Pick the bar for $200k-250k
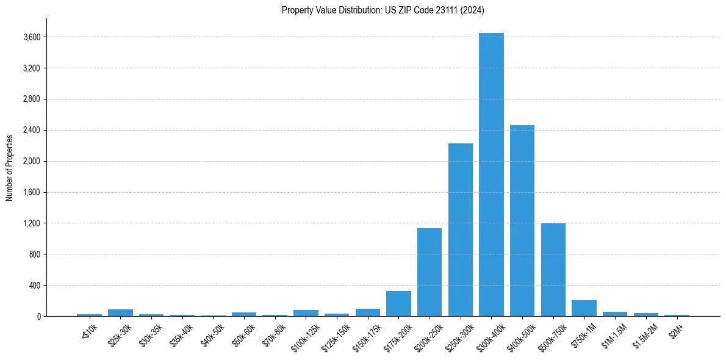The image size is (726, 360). (429, 272)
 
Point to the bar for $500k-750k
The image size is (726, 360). (553, 270)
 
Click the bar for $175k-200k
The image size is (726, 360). (398, 304)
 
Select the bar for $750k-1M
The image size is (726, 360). (584, 308)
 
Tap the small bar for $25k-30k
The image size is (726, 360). (120, 313)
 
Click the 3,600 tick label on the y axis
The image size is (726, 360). (32, 37)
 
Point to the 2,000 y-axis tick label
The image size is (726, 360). (32, 162)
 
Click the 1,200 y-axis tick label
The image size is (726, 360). (32, 223)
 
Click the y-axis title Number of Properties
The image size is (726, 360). (10, 168)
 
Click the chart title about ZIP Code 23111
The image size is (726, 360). (383, 10)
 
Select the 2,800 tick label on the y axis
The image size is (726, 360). (32, 99)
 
